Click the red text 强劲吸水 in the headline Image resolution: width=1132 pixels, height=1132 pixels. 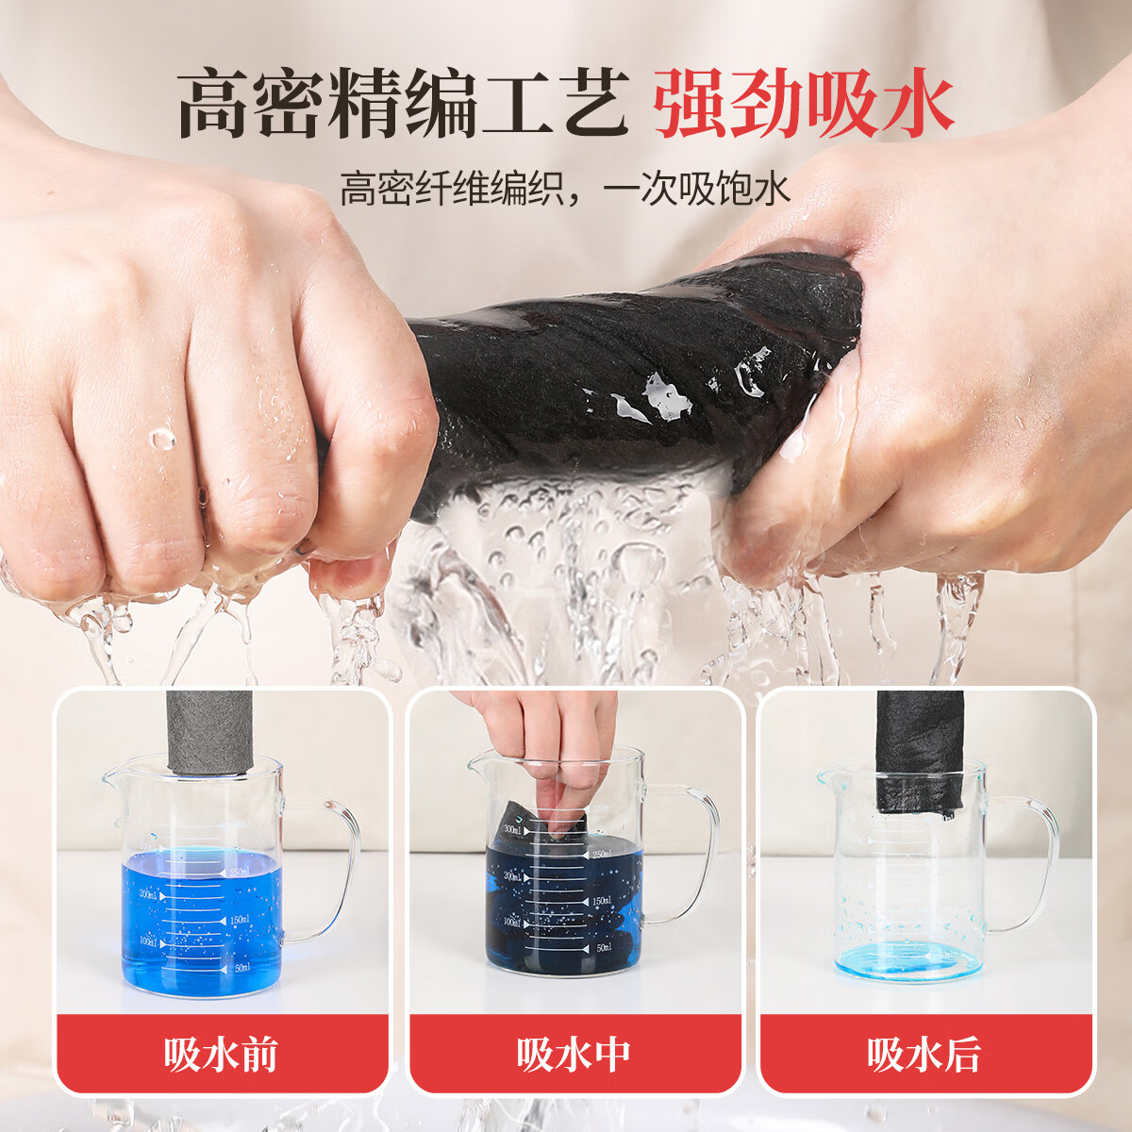tap(803, 104)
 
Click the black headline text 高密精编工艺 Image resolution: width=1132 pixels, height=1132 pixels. tap(403, 104)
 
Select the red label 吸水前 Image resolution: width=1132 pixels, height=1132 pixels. tap(222, 1054)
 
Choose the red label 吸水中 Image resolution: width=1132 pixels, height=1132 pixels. tap(574, 1054)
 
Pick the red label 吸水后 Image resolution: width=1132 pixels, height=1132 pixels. tap(924, 1054)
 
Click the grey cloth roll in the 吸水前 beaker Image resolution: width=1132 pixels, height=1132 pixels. tap(212, 731)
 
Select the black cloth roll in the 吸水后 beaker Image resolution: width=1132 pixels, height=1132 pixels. tap(920, 750)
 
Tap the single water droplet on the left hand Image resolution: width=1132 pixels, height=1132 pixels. tap(163, 439)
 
